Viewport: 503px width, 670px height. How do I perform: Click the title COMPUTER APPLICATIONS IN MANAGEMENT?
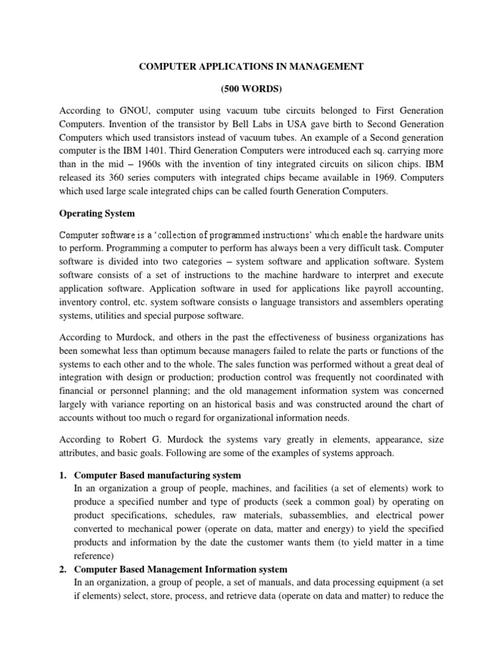click(x=251, y=67)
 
